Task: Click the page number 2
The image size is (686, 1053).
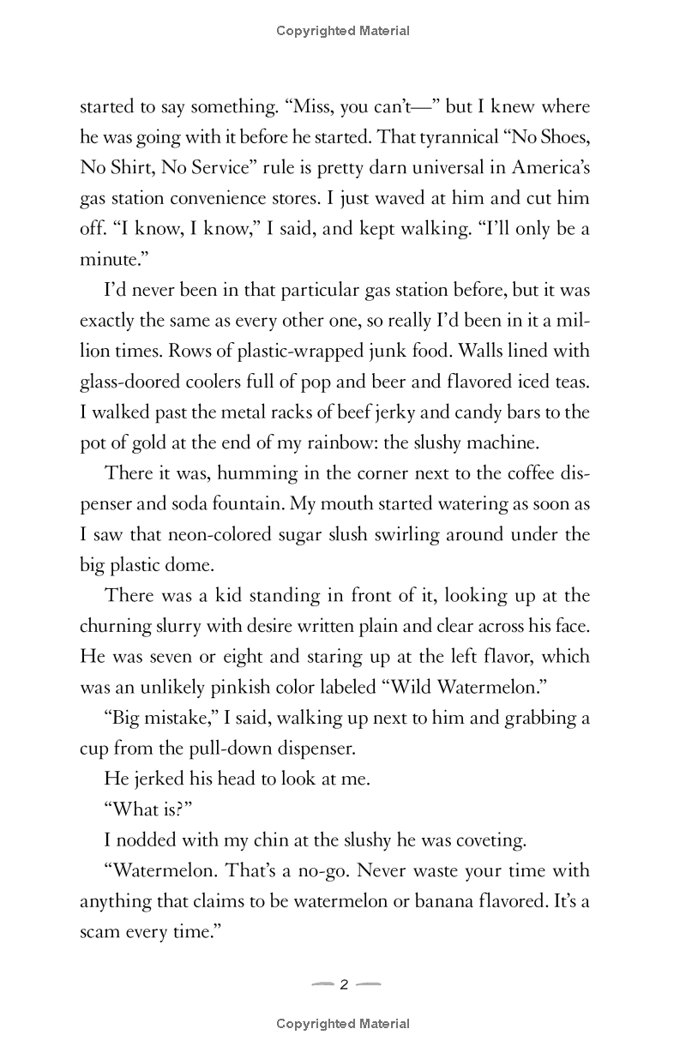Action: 344,984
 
